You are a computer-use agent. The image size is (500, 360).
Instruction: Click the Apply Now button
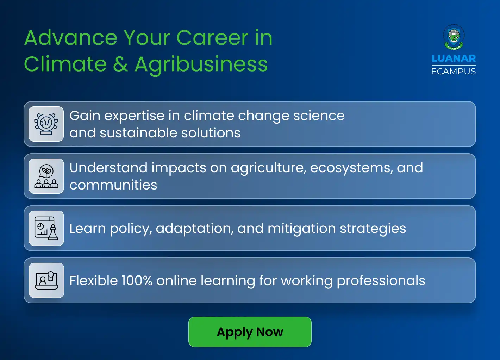click(250, 332)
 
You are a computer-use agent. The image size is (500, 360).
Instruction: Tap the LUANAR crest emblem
click(454, 37)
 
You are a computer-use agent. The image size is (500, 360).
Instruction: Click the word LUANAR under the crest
click(454, 58)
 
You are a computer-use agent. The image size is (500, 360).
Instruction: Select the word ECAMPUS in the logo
click(454, 72)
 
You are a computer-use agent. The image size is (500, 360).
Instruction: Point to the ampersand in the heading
click(121, 64)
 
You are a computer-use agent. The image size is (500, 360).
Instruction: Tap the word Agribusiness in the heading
click(201, 64)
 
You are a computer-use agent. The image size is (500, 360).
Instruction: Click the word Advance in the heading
click(71, 38)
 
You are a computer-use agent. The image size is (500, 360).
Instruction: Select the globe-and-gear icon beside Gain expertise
click(46, 124)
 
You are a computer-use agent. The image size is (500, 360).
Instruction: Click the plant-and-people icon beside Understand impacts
click(46, 176)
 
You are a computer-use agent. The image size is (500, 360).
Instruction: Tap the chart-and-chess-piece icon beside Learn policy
click(46, 228)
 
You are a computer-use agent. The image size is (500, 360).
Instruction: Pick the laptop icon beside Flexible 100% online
click(46, 280)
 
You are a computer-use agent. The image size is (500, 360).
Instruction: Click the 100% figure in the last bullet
click(137, 281)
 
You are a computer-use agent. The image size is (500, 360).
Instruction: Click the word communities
click(113, 185)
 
